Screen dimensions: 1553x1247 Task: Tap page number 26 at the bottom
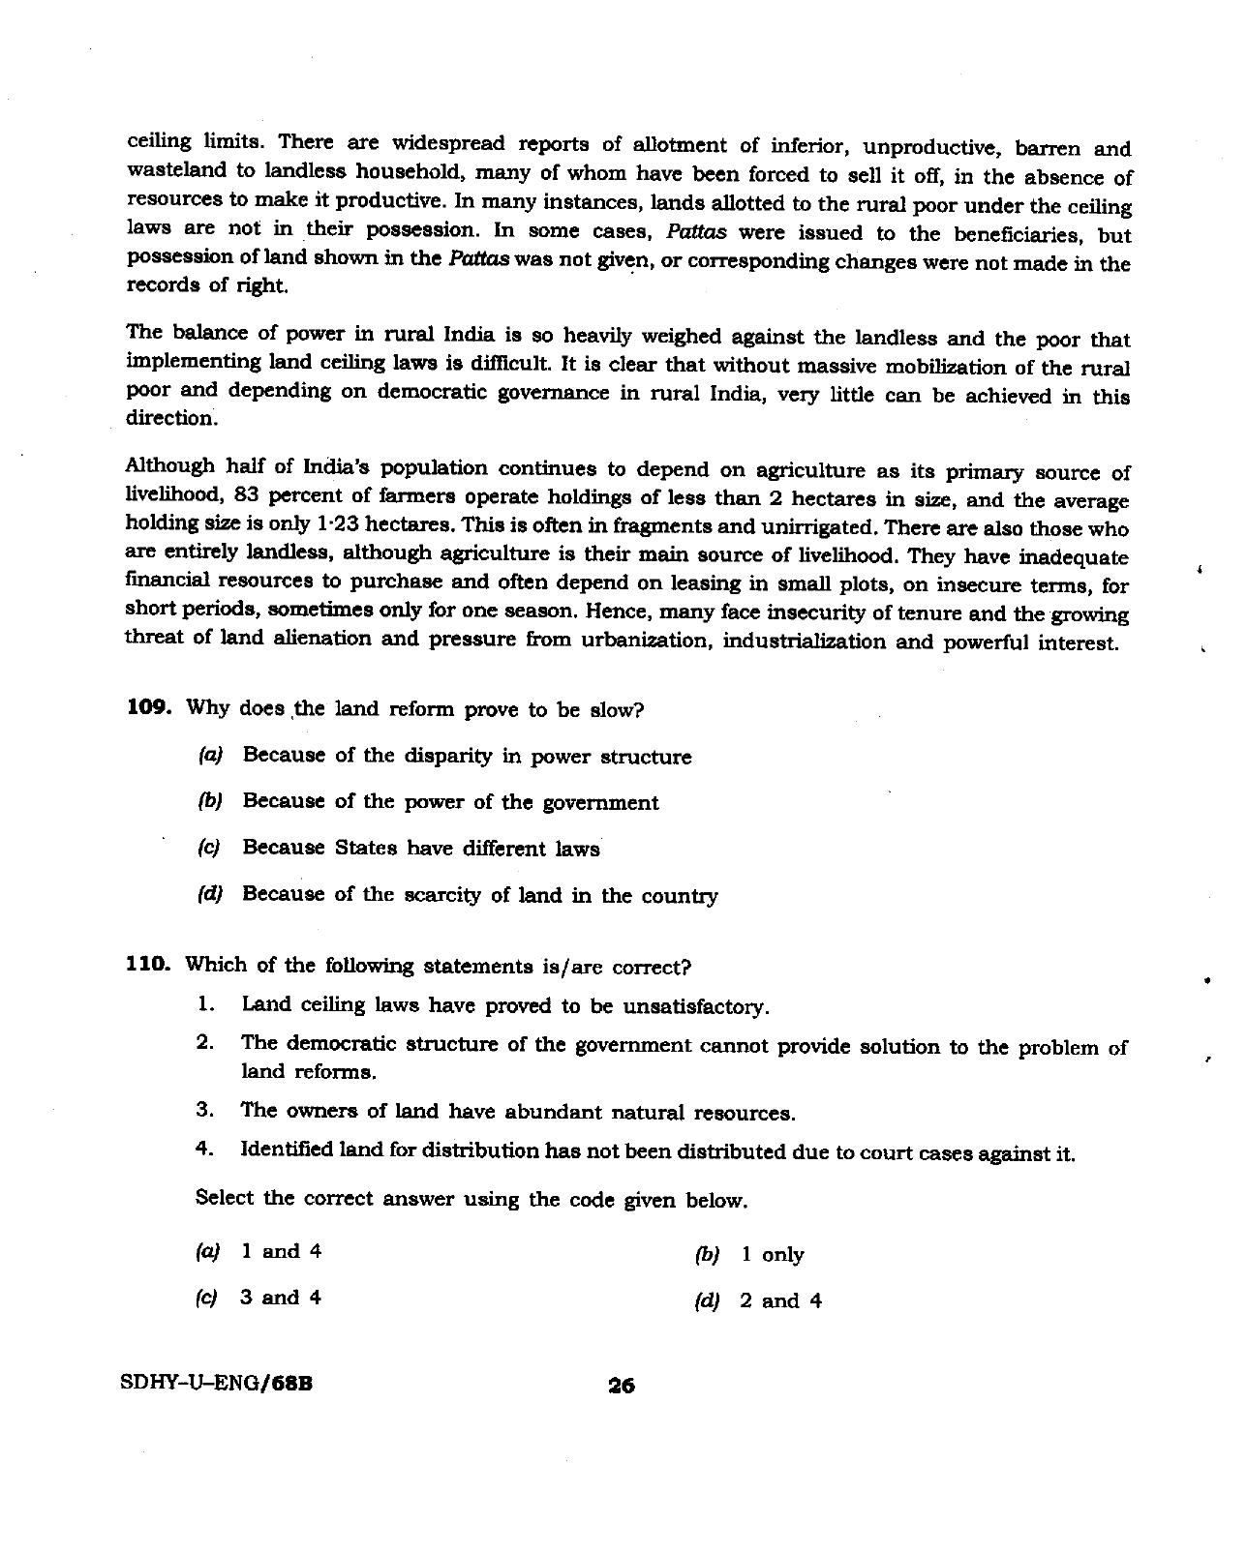coord(621,1386)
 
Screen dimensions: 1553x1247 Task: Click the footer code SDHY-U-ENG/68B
coord(217,1384)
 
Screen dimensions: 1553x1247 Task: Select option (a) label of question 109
coord(209,755)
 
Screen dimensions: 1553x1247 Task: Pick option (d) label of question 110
coord(707,1301)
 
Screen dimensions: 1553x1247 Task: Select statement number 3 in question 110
coord(203,1110)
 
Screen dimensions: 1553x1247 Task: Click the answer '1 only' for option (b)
coord(772,1255)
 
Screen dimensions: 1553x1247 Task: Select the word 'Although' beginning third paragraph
coord(169,465)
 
